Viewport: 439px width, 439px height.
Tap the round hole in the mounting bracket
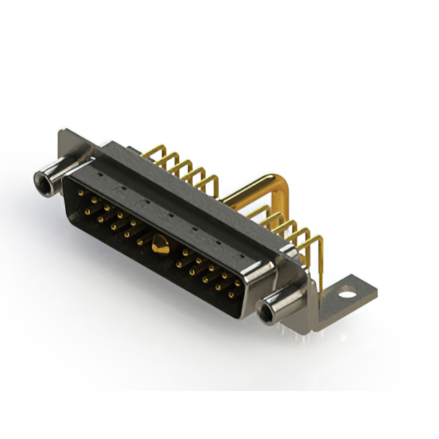349,296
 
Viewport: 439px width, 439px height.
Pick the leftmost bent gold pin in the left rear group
163,156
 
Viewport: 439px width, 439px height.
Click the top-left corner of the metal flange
63,132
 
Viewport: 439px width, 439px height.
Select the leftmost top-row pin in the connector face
83,194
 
